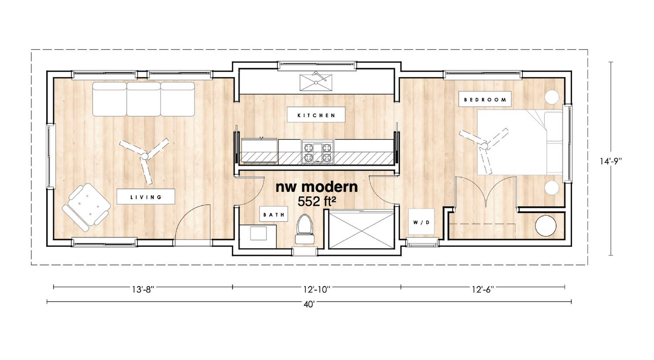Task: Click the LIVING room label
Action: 146,197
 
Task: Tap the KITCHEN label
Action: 317,115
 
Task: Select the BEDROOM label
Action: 485,99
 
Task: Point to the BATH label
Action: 274,214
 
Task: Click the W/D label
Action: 421,222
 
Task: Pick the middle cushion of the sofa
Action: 143,99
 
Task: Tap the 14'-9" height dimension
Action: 610,161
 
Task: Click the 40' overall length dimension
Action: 309,304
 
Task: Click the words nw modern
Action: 317,187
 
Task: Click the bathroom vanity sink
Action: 259,233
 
